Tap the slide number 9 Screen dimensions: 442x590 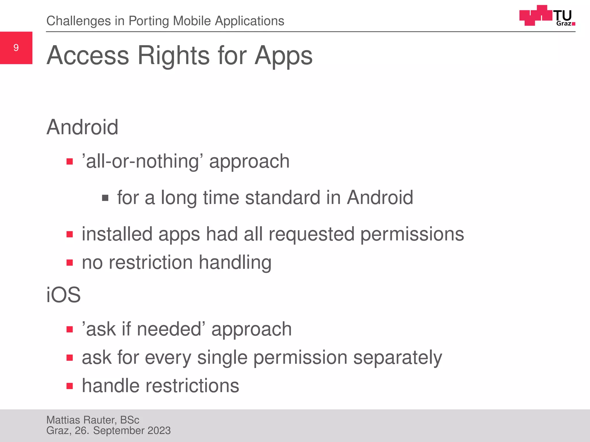click(16, 47)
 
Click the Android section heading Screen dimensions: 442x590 click(82, 127)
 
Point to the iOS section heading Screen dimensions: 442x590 click(63, 295)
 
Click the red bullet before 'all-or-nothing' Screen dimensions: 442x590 click(69, 161)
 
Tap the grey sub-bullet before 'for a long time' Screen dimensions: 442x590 click(105, 198)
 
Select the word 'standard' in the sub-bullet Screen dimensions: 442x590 click(282, 198)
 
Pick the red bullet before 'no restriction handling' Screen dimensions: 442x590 click(69, 262)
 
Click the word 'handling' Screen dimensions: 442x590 click(235, 262)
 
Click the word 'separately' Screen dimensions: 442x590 click(398, 357)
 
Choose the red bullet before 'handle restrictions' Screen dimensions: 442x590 click(69, 386)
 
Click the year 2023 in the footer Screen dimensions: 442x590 click(159, 430)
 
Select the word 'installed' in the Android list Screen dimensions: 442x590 click(117, 234)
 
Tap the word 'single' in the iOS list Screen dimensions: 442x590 click(222, 357)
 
